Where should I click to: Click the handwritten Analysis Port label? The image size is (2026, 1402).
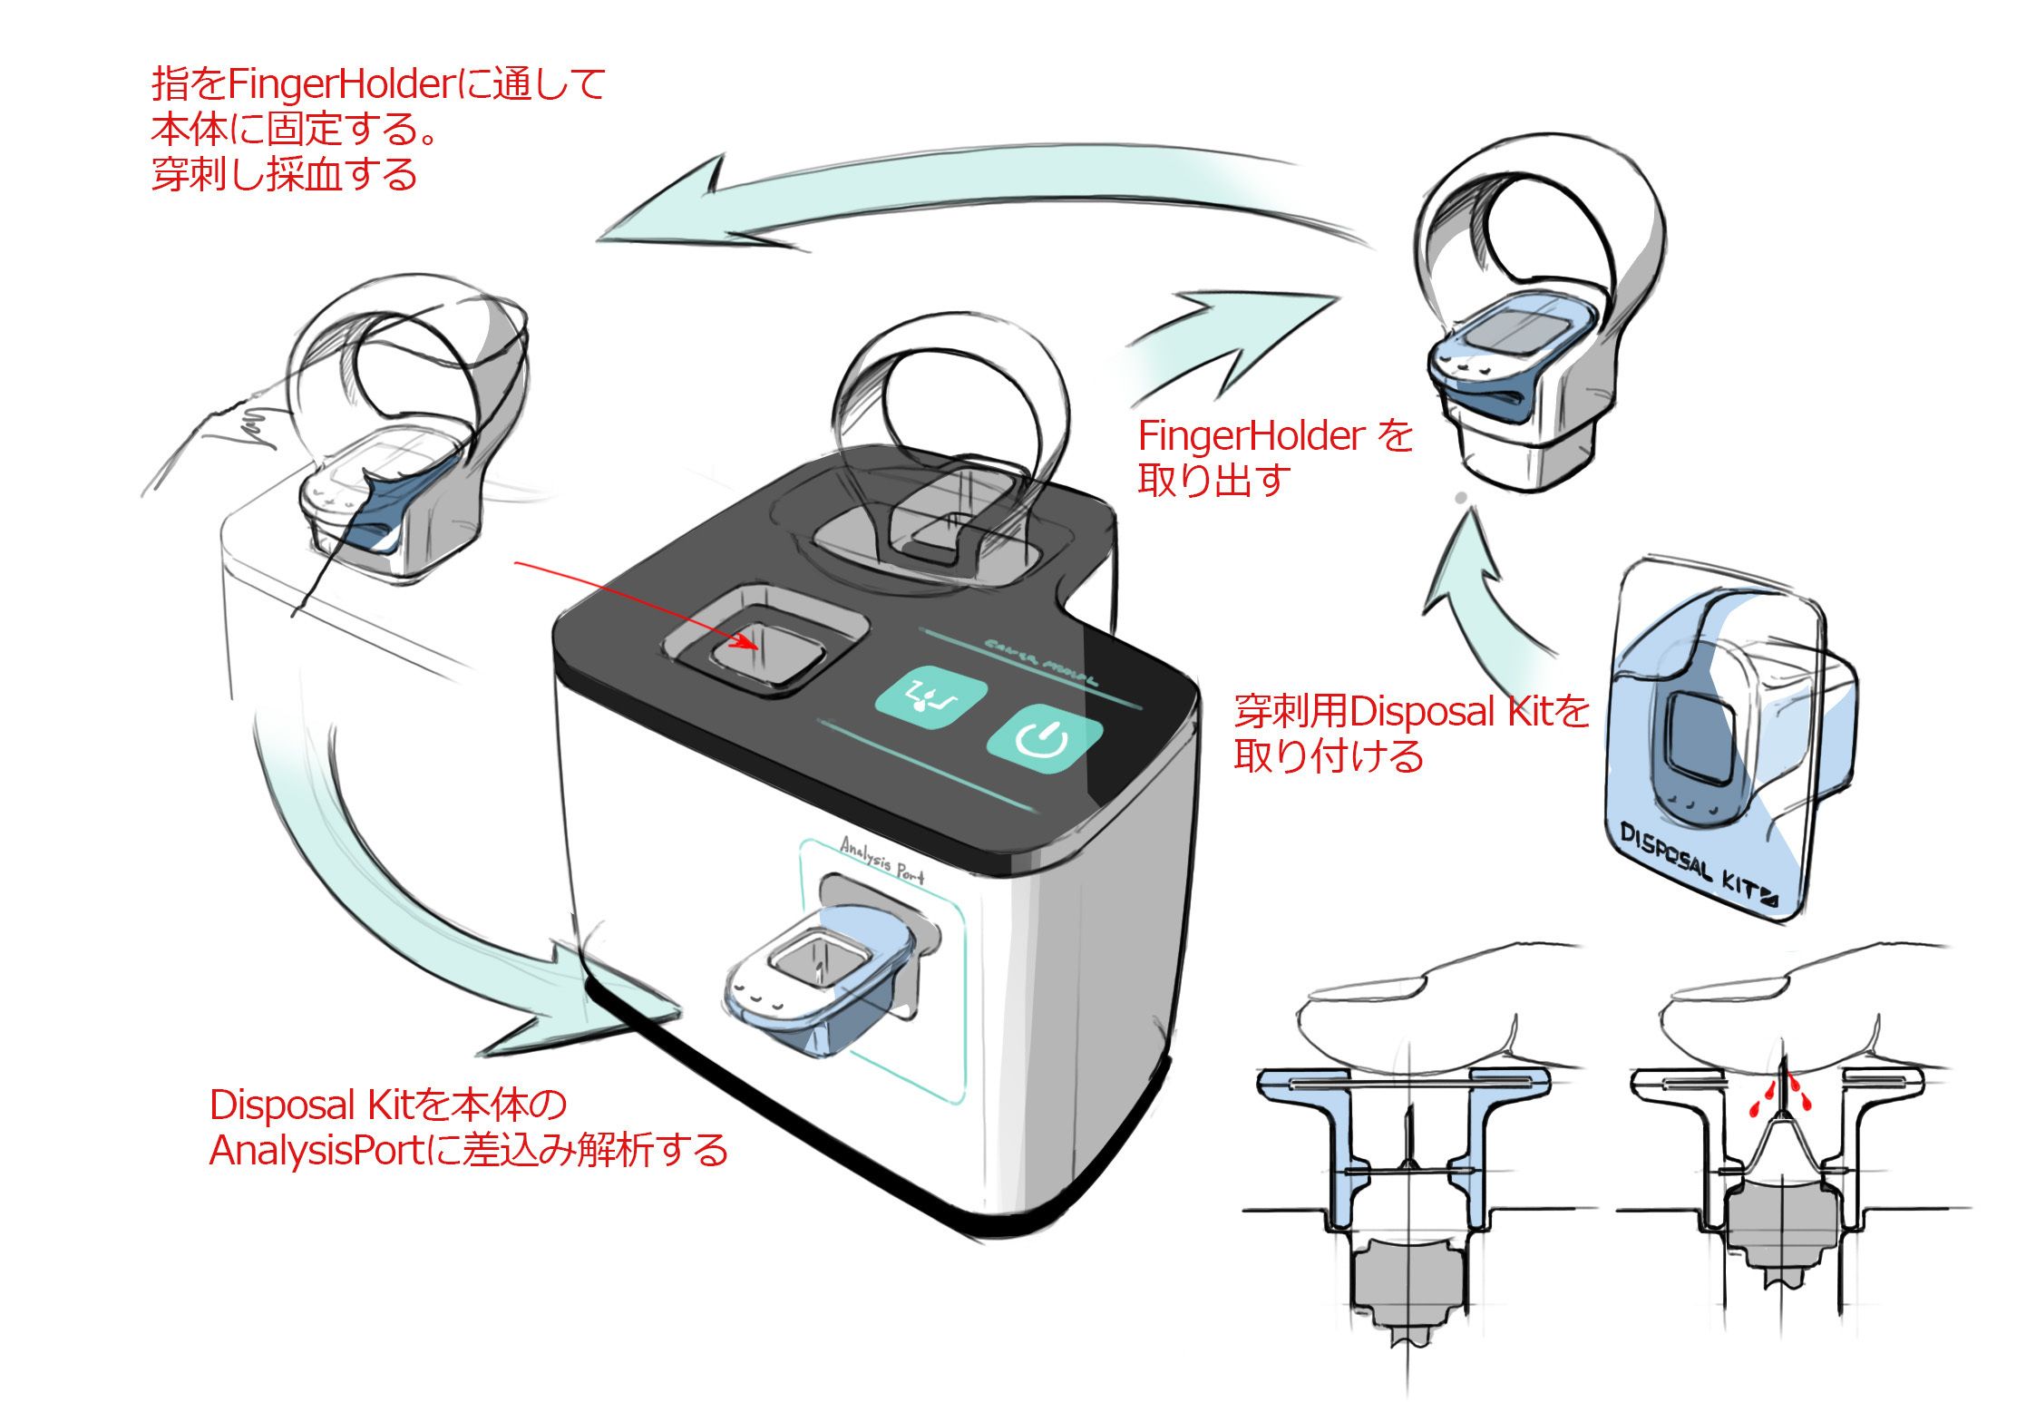click(882, 858)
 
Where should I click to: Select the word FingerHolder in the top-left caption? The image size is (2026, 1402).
click(338, 84)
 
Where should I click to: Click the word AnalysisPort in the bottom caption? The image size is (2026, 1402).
click(317, 1151)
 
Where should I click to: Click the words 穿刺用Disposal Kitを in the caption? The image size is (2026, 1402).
click(1411, 712)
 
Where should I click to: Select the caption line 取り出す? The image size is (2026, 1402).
click(1213, 480)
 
